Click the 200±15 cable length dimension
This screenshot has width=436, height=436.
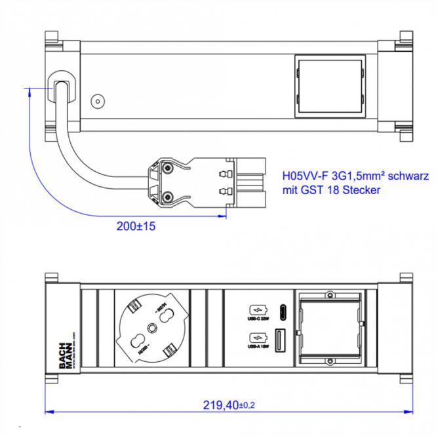pos(136,226)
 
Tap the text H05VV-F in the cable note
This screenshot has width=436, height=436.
pos(304,176)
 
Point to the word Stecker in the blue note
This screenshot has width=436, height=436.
pos(359,190)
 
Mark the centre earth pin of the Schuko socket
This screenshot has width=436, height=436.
pos(151,327)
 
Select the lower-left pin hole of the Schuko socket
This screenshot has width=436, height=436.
pos(138,341)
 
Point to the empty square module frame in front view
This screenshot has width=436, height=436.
pos(330,326)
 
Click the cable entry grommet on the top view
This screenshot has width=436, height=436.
pos(60,86)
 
